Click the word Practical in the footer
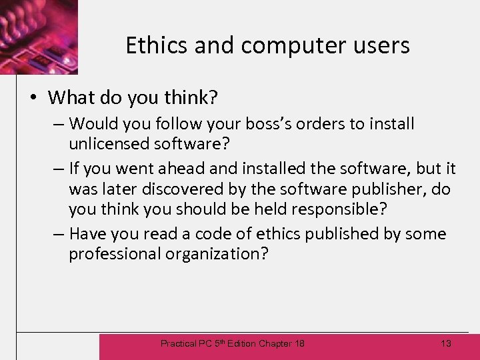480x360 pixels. tap(179, 343)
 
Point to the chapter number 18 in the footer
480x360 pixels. tap(299, 343)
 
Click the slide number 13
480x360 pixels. tap(446, 343)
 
